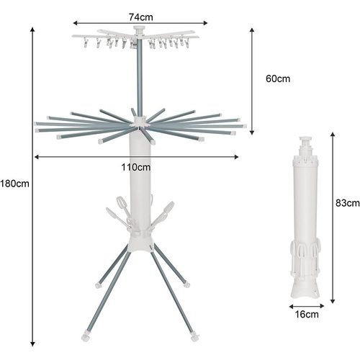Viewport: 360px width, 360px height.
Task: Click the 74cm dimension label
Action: (140, 17)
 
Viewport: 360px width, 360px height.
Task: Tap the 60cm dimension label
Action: (278, 78)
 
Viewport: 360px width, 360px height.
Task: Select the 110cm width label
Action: (136, 167)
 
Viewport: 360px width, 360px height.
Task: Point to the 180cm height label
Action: (14, 184)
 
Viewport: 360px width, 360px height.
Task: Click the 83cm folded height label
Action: (348, 203)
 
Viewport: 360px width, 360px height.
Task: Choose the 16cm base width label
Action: (307, 315)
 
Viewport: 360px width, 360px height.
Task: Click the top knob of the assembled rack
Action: (140, 30)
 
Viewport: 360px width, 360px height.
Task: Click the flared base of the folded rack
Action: (305, 290)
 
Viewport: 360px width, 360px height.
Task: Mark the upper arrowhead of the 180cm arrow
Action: (32, 30)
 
